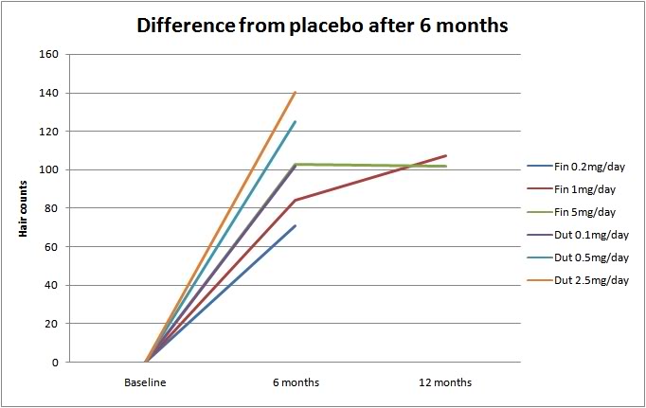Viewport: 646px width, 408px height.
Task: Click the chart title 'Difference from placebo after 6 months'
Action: (x=323, y=26)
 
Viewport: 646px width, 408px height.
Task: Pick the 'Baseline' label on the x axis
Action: (x=146, y=383)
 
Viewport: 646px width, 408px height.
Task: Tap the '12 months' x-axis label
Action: (x=445, y=383)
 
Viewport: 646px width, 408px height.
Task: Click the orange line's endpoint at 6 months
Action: (x=296, y=93)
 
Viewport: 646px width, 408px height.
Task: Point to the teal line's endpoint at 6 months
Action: (x=296, y=121)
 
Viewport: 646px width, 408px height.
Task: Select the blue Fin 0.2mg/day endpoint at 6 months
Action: (x=296, y=225)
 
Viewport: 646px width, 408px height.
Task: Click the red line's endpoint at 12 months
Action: (x=445, y=156)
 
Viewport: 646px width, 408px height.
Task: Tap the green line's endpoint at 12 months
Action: (x=445, y=167)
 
